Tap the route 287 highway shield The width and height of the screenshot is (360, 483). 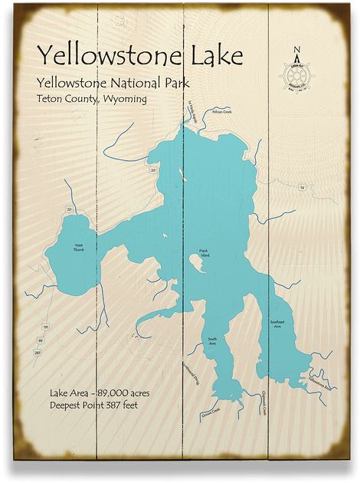[37, 353]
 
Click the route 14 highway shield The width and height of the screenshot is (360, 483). [302, 187]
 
